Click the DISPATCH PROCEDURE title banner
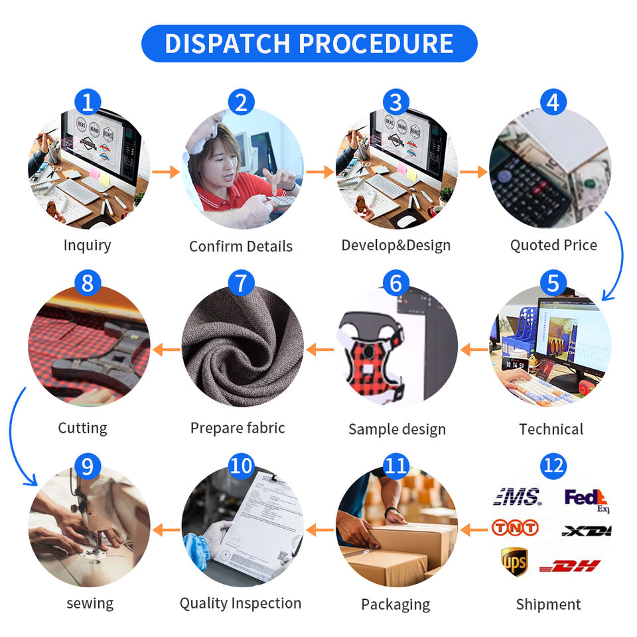click(x=309, y=44)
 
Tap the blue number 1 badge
click(x=88, y=102)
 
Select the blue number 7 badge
click(x=241, y=283)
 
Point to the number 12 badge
click(x=553, y=464)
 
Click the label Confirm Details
click(x=241, y=246)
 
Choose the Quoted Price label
click(x=553, y=245)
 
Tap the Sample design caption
click(x=397, y=429)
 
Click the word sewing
click(x=90, y=603)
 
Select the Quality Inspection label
click(x=240, y=603)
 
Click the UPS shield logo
click(x=514, y=561)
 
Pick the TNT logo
click(x=515, y=528)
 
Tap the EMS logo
click(x=517, y=496)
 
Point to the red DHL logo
click(x=570, y=566)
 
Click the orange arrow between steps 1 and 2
click(x=165, y=172)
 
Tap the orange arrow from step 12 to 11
click(x=474, y=530)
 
